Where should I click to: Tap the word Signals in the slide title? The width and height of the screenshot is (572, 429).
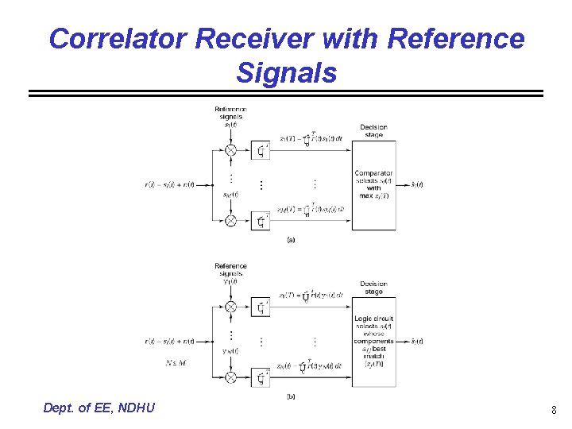(286, 73)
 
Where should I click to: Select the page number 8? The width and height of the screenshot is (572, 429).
(554, 411)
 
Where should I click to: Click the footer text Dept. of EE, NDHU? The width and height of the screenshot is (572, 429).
(99, 408)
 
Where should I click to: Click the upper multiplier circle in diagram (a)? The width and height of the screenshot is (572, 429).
(230, 150)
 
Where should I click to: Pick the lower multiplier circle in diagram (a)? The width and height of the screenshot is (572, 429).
(230, 221)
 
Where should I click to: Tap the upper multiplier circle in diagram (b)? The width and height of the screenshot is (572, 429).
(230, 307)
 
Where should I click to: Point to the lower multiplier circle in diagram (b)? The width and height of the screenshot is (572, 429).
(230, 377)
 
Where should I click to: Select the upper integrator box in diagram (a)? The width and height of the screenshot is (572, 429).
(261, 150)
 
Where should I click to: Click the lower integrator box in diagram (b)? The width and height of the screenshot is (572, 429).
(261, 377)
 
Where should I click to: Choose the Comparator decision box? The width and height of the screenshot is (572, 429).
(373, 184)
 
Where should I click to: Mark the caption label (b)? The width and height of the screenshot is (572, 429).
(290, 396)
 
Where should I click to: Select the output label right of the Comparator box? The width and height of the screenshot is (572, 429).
(415, 185)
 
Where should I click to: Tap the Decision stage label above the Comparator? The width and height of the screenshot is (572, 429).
(373, 130)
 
